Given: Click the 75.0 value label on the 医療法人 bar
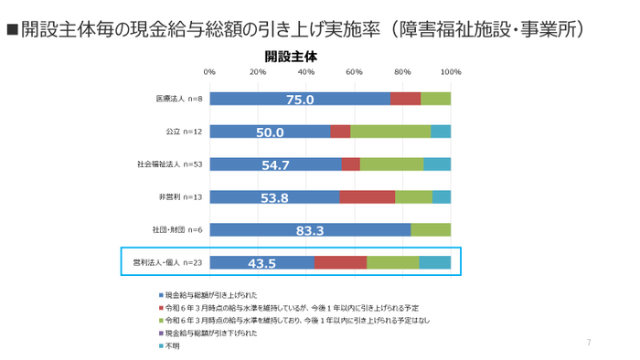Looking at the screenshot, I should [300, 100].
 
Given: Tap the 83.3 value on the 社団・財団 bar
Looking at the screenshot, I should [311, 230].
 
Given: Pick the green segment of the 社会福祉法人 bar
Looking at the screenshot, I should [391, 164].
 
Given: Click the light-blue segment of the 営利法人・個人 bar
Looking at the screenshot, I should [434, 263].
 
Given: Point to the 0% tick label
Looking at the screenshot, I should [209, 71].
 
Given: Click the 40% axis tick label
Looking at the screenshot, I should [306, 71].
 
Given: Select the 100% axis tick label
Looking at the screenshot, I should [450, 71].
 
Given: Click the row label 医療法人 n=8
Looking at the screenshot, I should [178, 99].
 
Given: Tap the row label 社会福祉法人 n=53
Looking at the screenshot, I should [169, 164].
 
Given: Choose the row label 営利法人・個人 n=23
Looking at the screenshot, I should [166, 263].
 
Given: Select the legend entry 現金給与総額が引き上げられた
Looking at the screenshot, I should [210, 295].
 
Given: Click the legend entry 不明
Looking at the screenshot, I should [172, 346].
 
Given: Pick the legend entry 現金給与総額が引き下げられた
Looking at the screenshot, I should [210, 334].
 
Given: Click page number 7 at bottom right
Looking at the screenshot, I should [589, 343].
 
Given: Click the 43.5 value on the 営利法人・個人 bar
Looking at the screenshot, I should [261, 264].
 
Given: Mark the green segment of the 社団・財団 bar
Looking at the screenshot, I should [430, 230].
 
